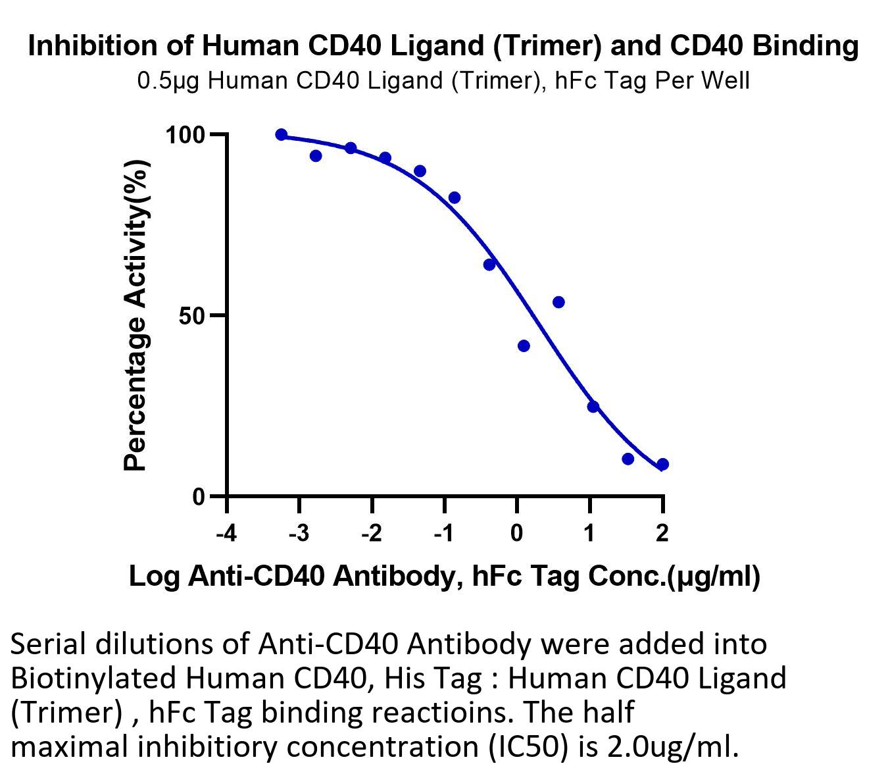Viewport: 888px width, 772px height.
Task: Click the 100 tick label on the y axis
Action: tap(185, 136)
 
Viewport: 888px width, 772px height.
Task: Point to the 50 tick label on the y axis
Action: tap(191, 317)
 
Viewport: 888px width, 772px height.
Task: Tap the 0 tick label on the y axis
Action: tap(199, 497)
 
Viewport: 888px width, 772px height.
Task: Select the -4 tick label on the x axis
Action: tap(226, 532)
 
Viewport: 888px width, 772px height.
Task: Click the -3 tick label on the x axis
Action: tap(299, 532)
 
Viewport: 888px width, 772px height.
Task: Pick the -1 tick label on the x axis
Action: tap(444, 532)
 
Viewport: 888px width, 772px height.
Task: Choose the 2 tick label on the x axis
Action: tap(662, 532)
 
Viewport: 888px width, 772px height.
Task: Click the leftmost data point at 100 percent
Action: tap(282, 135)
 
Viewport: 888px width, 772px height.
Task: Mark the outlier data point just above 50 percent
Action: tap(559, 302)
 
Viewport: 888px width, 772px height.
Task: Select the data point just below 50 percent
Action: tap(524, 346)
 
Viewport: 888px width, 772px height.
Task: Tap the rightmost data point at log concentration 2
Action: tap(662, 465)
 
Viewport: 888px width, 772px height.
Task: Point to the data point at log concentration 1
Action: tap(593, 407)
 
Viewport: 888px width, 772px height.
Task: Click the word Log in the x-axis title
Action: tap(155, 578)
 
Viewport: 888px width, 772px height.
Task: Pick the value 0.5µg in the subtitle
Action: tap(168, 81)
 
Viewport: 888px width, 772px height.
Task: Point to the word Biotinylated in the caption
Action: tap(93, 679)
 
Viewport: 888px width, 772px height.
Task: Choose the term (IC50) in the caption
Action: tap(528, 747)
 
